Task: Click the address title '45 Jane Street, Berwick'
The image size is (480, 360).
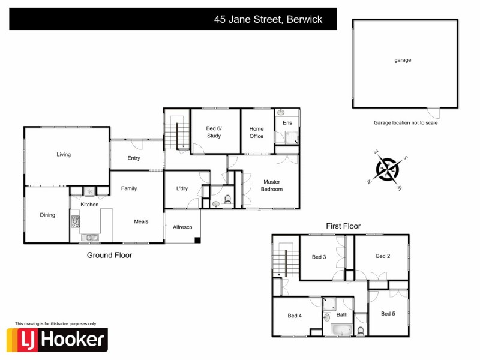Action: tap(268, 19)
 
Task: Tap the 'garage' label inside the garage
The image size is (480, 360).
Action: tap(403, 60)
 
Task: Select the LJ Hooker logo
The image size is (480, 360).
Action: tap(57, 340)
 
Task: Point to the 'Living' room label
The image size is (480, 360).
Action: tap(64, 154)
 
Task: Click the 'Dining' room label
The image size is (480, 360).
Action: tap(47, 215)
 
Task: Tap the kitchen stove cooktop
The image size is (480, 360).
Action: tap(76, 221)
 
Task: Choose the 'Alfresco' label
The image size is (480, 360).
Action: tap(182, 227)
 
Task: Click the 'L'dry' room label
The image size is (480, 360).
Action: tap(182, 188)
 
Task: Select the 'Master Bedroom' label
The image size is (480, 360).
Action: tap(271, 185)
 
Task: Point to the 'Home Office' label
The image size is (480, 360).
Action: tap(257, 132)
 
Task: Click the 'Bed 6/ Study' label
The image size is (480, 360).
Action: tap(214, 132)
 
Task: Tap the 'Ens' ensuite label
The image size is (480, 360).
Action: tap(287, 123)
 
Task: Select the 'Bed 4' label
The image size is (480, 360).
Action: tap(294, 316)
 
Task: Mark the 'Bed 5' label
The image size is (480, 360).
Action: tap(388, 313)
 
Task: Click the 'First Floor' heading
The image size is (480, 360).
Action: tap(343, 226)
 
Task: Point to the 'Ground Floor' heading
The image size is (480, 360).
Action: tap(109, 255)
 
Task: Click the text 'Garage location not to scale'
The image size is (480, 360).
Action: tap(406, 122)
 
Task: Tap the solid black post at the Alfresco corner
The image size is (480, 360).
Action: tap(197, 241)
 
